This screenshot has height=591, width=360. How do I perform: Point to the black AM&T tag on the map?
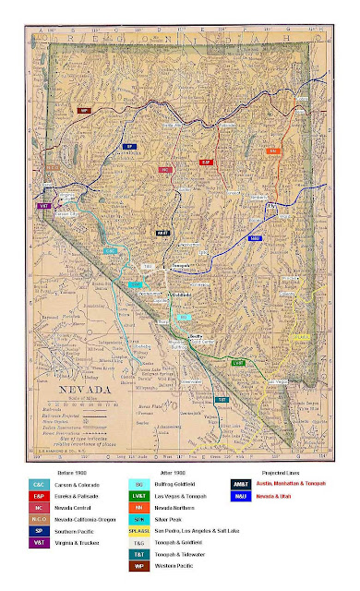(162, 234)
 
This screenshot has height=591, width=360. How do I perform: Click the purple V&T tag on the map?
(43, 206)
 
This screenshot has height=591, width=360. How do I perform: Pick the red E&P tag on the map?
(207, 162)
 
